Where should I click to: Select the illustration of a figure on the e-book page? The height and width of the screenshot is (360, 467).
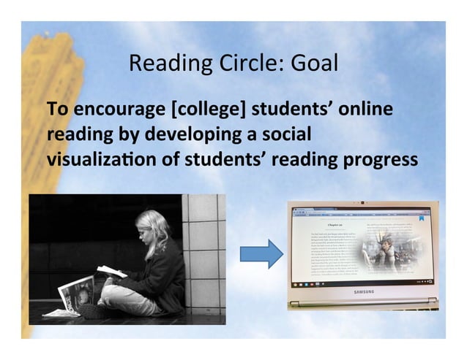(x=384, y=253)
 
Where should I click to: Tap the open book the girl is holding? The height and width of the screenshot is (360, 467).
(x=112, y=272)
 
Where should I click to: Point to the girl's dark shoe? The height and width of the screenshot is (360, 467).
(x=92, y=311)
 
